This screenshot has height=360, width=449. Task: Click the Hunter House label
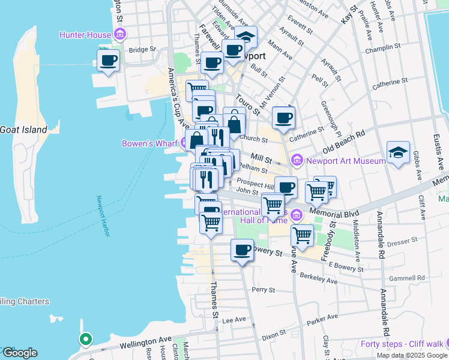[85, 35]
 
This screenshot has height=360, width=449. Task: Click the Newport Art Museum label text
[345, 160]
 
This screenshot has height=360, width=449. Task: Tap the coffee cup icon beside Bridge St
[108, 61]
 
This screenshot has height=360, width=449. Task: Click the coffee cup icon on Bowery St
[243, 250]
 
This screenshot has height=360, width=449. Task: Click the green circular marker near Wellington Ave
[85, 339]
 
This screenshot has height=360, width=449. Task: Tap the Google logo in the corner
[19, 353]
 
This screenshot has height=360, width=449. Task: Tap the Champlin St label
[386, 46]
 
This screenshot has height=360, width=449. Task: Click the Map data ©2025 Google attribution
[411, 355]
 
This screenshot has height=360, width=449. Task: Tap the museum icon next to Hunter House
[119, 35]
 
